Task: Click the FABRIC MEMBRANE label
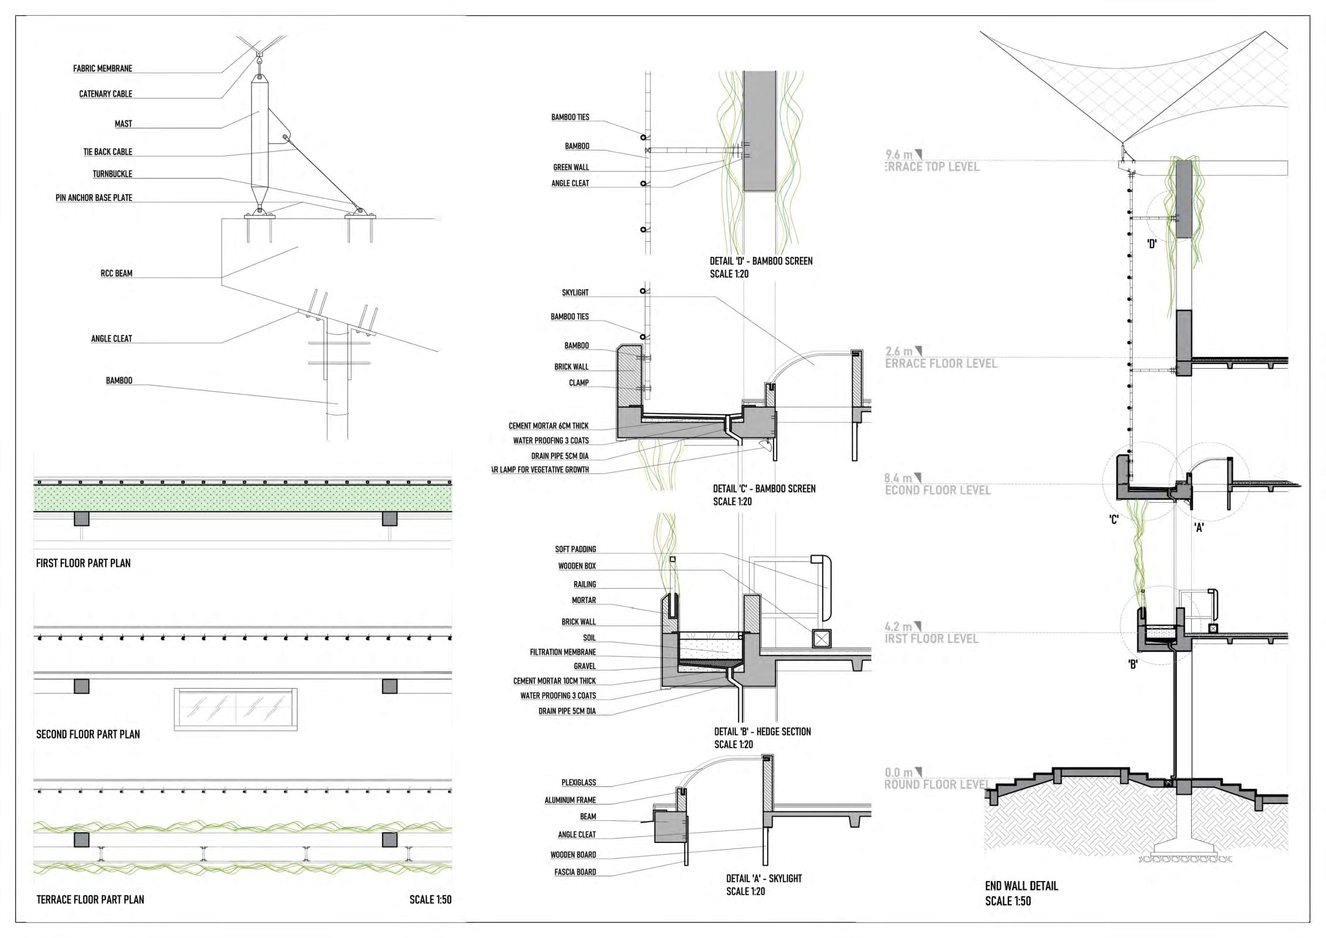103,69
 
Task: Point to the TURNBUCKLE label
113,174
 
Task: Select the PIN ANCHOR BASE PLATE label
94,197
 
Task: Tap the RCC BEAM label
117,273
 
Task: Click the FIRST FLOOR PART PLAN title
83,563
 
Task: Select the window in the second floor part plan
236,709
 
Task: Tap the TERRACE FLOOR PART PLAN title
90,899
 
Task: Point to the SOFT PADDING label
576,549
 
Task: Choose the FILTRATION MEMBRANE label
563,652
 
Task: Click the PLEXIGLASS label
579,782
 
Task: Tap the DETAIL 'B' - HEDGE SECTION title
762,732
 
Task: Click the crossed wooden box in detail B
821,638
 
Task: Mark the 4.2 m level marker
899,626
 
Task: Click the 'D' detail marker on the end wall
1152,244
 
